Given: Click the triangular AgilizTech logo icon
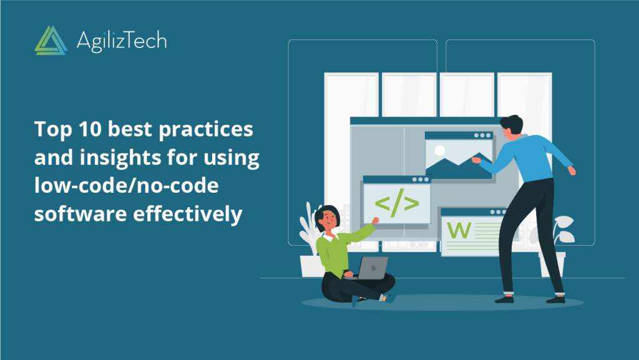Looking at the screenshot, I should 51,41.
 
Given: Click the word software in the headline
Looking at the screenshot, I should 70,214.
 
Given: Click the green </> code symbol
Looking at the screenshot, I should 396,203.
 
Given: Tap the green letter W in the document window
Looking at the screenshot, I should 459,230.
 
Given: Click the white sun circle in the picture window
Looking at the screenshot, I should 440,150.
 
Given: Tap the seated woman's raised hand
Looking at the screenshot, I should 374,220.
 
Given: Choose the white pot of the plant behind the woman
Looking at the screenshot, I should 310,265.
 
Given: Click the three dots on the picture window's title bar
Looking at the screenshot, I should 482,135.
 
